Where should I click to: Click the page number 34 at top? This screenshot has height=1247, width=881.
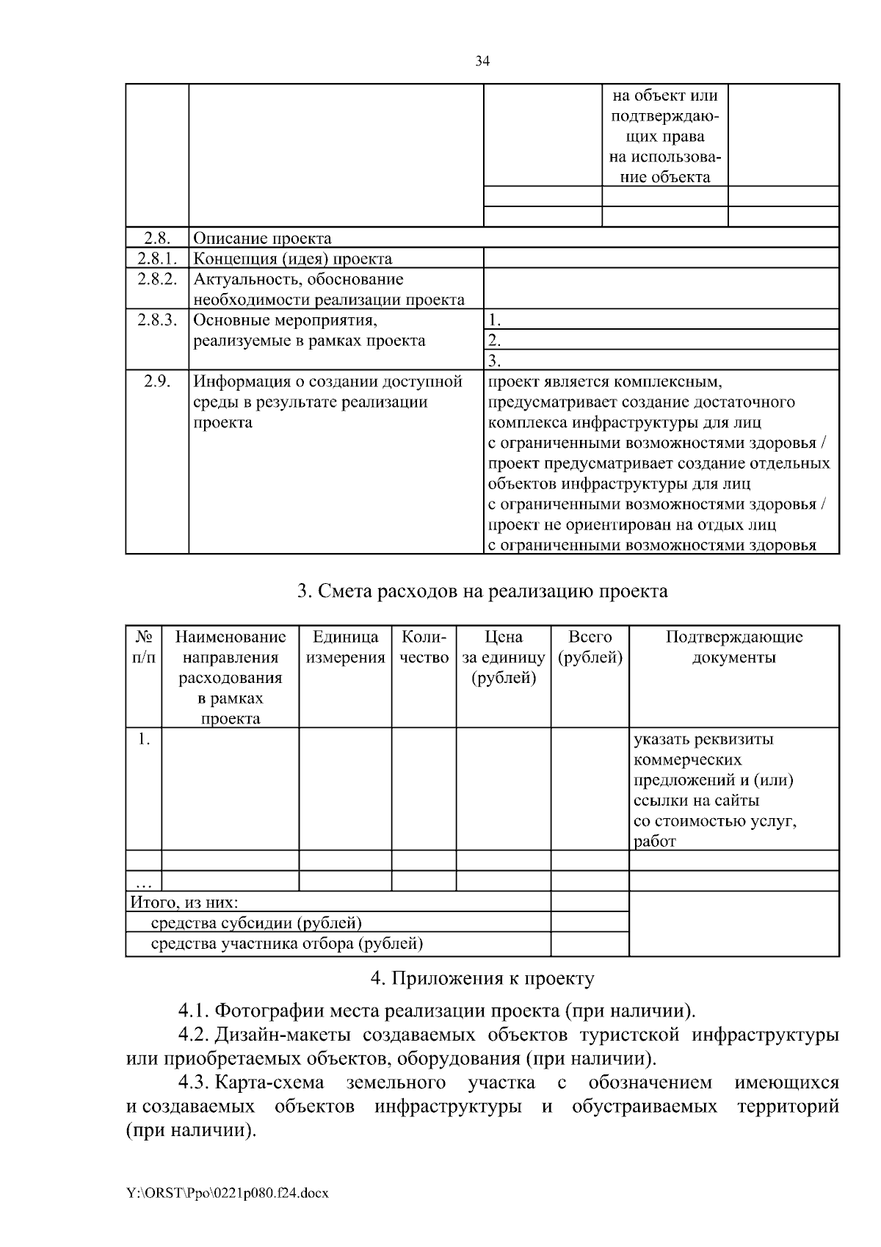click(482, 62)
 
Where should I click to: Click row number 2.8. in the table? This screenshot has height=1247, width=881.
click(157, 238)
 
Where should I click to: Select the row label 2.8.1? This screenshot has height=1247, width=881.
click(157, 259)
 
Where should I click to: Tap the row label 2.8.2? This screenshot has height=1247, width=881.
click(157, 279)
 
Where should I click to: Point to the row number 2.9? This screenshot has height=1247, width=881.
click(157, 381)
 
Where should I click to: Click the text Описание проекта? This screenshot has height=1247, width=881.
click(262, 238)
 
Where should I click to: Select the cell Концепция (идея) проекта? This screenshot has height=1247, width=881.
click(292, 259)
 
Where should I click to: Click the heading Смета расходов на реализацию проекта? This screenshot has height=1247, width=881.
click(482, 591)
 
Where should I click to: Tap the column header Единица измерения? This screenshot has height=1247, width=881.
click(345, 647)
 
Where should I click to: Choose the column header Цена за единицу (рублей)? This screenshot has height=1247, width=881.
click(504, 657)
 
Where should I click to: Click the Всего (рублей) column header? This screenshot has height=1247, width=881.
click(590, 647)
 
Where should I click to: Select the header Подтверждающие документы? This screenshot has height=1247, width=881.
click(734, 647)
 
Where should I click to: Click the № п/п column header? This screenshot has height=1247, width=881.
click(144, 647)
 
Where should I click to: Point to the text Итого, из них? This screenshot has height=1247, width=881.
click(184, 903)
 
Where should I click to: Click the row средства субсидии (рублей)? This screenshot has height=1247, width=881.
click(256, 923)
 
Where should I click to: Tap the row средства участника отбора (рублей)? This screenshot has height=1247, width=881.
click(286, 944)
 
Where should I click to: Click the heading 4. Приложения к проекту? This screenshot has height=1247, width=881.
click(482, 979)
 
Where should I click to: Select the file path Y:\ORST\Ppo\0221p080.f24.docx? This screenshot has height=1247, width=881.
click(227, 1193)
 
